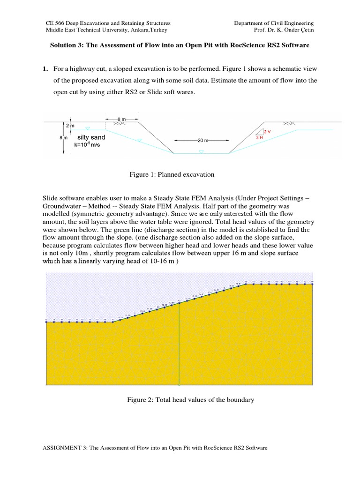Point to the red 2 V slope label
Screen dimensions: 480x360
tap(267, 131)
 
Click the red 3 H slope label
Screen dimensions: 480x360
tap(259, 138)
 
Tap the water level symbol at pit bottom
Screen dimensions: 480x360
tap(202, 152)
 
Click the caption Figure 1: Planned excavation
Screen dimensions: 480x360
tap(172, 174)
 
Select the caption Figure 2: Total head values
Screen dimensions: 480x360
tap(190, 400)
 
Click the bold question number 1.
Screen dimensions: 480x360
tap(45, 69)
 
